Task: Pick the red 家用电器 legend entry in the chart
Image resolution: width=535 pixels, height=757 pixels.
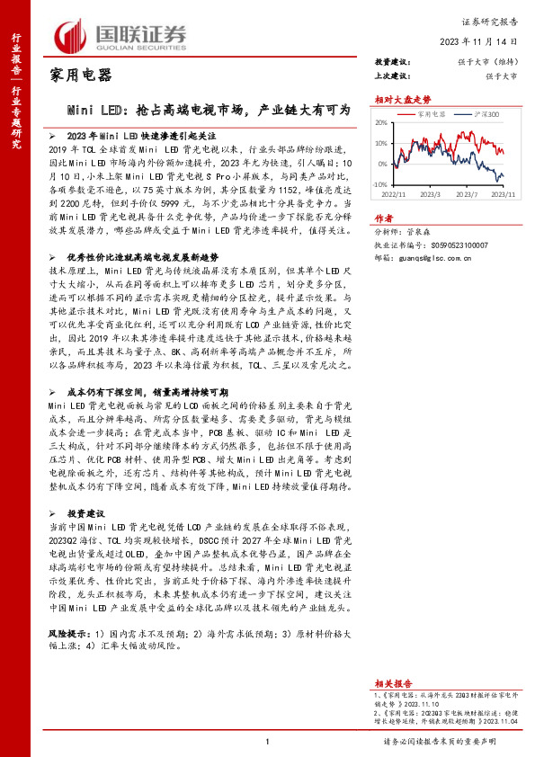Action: click(x=427, y=115)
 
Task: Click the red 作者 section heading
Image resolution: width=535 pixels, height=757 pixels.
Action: click(x=384, y=218)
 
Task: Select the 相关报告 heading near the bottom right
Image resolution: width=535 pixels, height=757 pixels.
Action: click(x=392, y=683)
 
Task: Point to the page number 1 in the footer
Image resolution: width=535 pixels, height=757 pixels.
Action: click(x=268, y=741)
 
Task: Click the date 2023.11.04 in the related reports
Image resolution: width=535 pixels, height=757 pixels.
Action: click(x=501, y=722)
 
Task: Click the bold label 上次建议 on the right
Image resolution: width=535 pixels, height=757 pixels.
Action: click(x=393, y=76)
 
